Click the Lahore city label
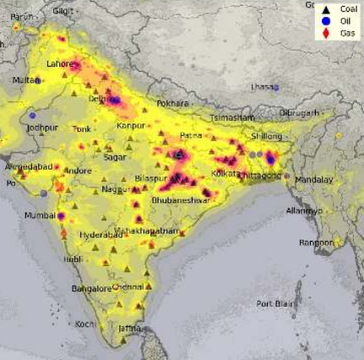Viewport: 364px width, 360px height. tap(60, 63)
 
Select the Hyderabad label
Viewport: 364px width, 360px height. tap(101, 233)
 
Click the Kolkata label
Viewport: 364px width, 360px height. tap(225, 172)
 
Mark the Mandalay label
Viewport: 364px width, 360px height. tap(314, 179)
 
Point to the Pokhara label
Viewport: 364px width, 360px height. tap(172, 103)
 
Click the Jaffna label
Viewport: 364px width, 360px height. tap(129, 328)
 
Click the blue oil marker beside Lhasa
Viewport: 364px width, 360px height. tap(276, 87)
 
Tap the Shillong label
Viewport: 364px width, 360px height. tap(266, 136)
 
